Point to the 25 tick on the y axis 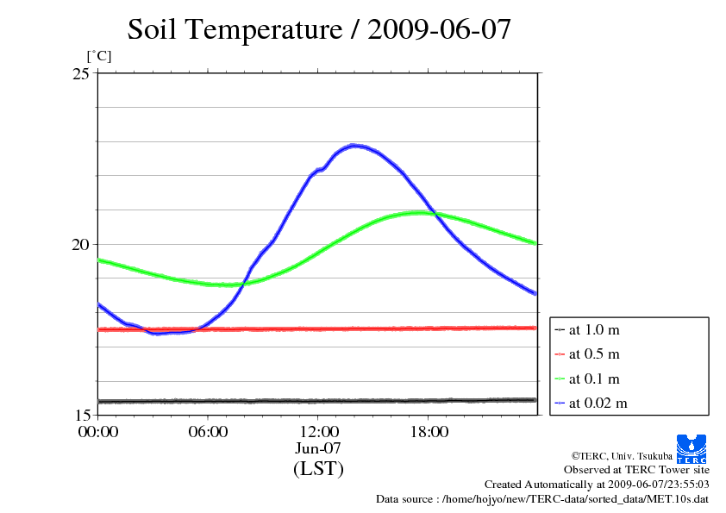pyautogui.click(x=80, y=73)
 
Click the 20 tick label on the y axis pyautogui.click(x=80, y=244)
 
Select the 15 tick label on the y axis pyautogui.click(x=80, y=415)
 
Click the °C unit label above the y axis pyautogui.click(x=98, y=56)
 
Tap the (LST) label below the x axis pyautogui.click(x=318, y=469)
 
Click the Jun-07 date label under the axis pyautogui.click(x=318, y=448)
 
